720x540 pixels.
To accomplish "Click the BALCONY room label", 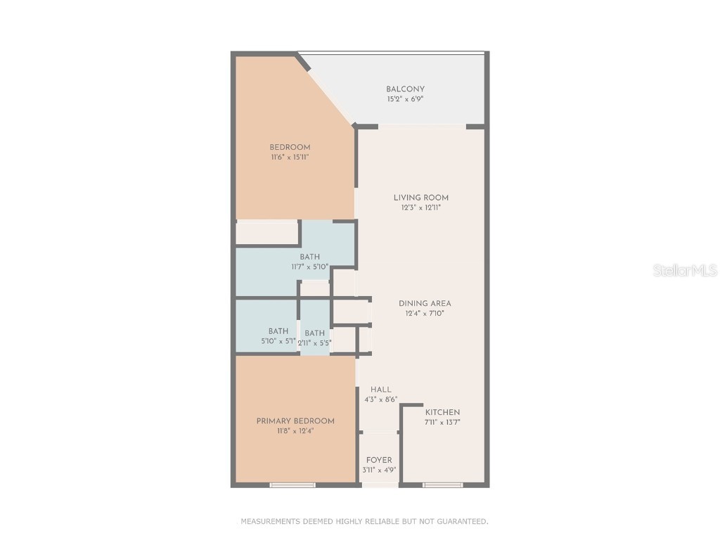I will pos(405,89).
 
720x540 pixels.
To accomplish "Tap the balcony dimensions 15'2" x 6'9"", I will pos(405,99).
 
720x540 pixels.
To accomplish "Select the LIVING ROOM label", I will pos(421,198).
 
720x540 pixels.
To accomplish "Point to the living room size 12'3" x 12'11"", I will pos(421,207).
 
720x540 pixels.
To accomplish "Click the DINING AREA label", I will pos(425,303).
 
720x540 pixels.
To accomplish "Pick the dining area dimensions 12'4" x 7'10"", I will pos(425,314).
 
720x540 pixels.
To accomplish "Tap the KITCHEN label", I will pos(442,412).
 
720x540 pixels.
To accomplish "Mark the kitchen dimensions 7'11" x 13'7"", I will pos(442,423).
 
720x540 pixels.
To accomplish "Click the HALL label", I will pos(381,389).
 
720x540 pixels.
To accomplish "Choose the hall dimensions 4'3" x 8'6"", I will pos(381,399).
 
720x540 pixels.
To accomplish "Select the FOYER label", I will pos(379,460).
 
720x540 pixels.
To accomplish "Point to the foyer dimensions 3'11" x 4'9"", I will pos(379,470).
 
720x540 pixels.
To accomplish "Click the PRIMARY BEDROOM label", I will pos(295,420).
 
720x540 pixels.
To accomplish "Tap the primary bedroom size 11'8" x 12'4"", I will pos(295,431).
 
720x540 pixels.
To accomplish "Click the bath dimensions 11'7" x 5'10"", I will pos(310,267).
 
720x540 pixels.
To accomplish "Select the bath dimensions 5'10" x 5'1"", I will pos(278,342).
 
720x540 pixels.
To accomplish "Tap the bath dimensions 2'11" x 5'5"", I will pos(315,343).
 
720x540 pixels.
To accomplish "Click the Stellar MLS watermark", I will pos(685,270).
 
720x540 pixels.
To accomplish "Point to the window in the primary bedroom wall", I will pos(292,484).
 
